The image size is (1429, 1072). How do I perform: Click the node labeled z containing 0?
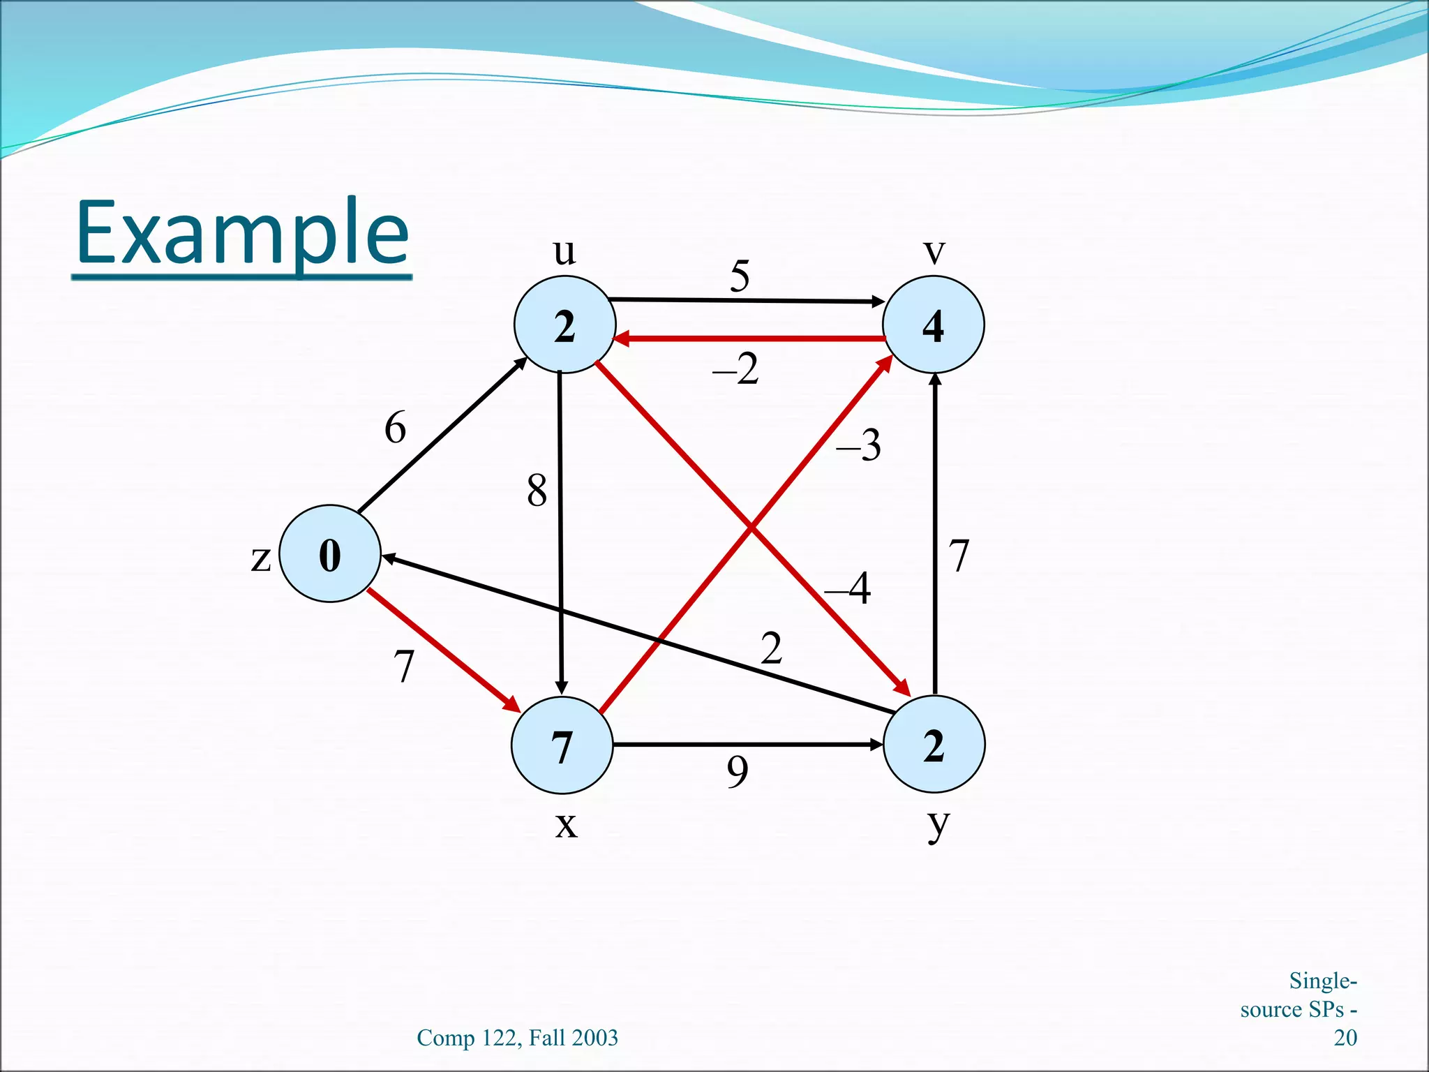click(x=329, y=553)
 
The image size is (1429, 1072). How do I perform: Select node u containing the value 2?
click(x=564, y=325)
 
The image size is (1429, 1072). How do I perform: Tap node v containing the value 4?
click(x=933, y=325)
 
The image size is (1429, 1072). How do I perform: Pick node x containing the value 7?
click(x=562, y=745)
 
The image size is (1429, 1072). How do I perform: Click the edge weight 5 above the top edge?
click(x=740, y=276)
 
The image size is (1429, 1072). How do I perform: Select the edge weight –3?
click(x=860, y=445)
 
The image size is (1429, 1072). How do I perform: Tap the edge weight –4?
click(x=848, y=588)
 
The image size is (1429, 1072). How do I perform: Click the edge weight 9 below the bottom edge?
click(x=738, y=772)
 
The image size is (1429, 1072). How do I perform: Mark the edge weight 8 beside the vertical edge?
click(x=537, y=490)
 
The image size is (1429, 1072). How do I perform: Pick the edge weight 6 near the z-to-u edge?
click(x=395, y=427)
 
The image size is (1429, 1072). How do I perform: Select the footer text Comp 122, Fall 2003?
click(x=517, y=1038)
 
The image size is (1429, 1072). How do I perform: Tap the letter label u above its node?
click(x=564, y=251)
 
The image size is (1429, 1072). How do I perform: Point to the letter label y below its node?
click(x=938, y=826)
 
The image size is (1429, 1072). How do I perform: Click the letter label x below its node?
click(x=566, y=826)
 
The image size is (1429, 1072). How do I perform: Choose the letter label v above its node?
click(x=934, y=251)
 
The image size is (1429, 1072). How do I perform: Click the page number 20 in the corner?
click(x=1345, y=1038)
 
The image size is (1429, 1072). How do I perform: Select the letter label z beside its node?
click(x=260, y=558)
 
